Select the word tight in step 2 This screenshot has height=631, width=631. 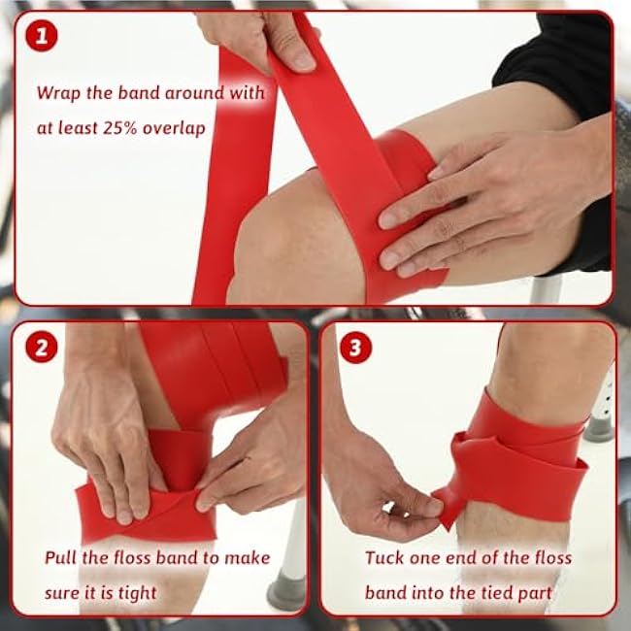pos(135,592)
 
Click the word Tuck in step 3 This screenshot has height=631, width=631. pos(385,558)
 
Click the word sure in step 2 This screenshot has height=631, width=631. pos(64,592)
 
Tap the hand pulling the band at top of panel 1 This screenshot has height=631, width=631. pos(257,39)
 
